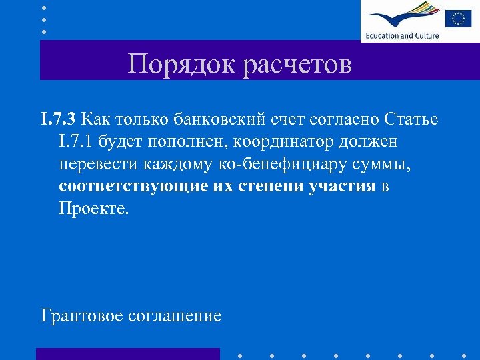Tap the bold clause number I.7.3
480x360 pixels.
tap(60, 119)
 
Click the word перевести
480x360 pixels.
tap(101, 164)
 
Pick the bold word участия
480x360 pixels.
tap(343, 186)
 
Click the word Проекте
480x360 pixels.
tap(91, 208)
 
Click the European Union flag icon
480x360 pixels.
tap(458, 18)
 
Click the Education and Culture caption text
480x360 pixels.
tap(402, 35)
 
